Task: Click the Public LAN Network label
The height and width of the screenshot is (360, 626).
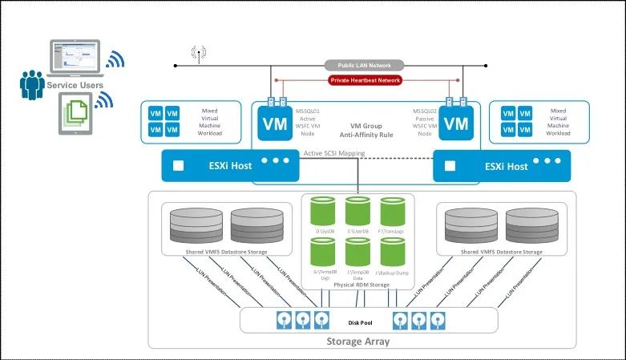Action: (364, 65)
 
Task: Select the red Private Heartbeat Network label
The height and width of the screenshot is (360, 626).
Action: (365, 80)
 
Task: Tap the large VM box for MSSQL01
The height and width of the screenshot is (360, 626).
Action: (273, 124)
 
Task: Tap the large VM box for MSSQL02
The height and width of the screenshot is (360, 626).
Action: (455, 124)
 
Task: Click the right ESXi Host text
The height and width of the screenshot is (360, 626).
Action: (506, 166)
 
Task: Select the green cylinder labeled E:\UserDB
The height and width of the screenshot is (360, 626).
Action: (357, 213)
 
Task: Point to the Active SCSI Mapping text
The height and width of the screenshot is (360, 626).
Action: (334, 153)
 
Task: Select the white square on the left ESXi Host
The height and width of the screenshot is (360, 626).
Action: (178, 166)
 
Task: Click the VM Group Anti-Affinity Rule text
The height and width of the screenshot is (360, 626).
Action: (365, 130)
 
